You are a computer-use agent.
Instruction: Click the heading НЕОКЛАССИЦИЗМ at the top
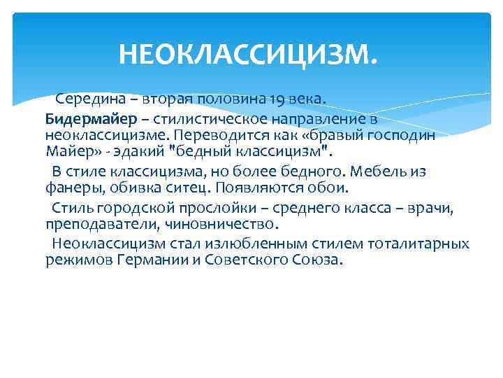(x=248, y=53)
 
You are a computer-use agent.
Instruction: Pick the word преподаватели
(x=93, y=225)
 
